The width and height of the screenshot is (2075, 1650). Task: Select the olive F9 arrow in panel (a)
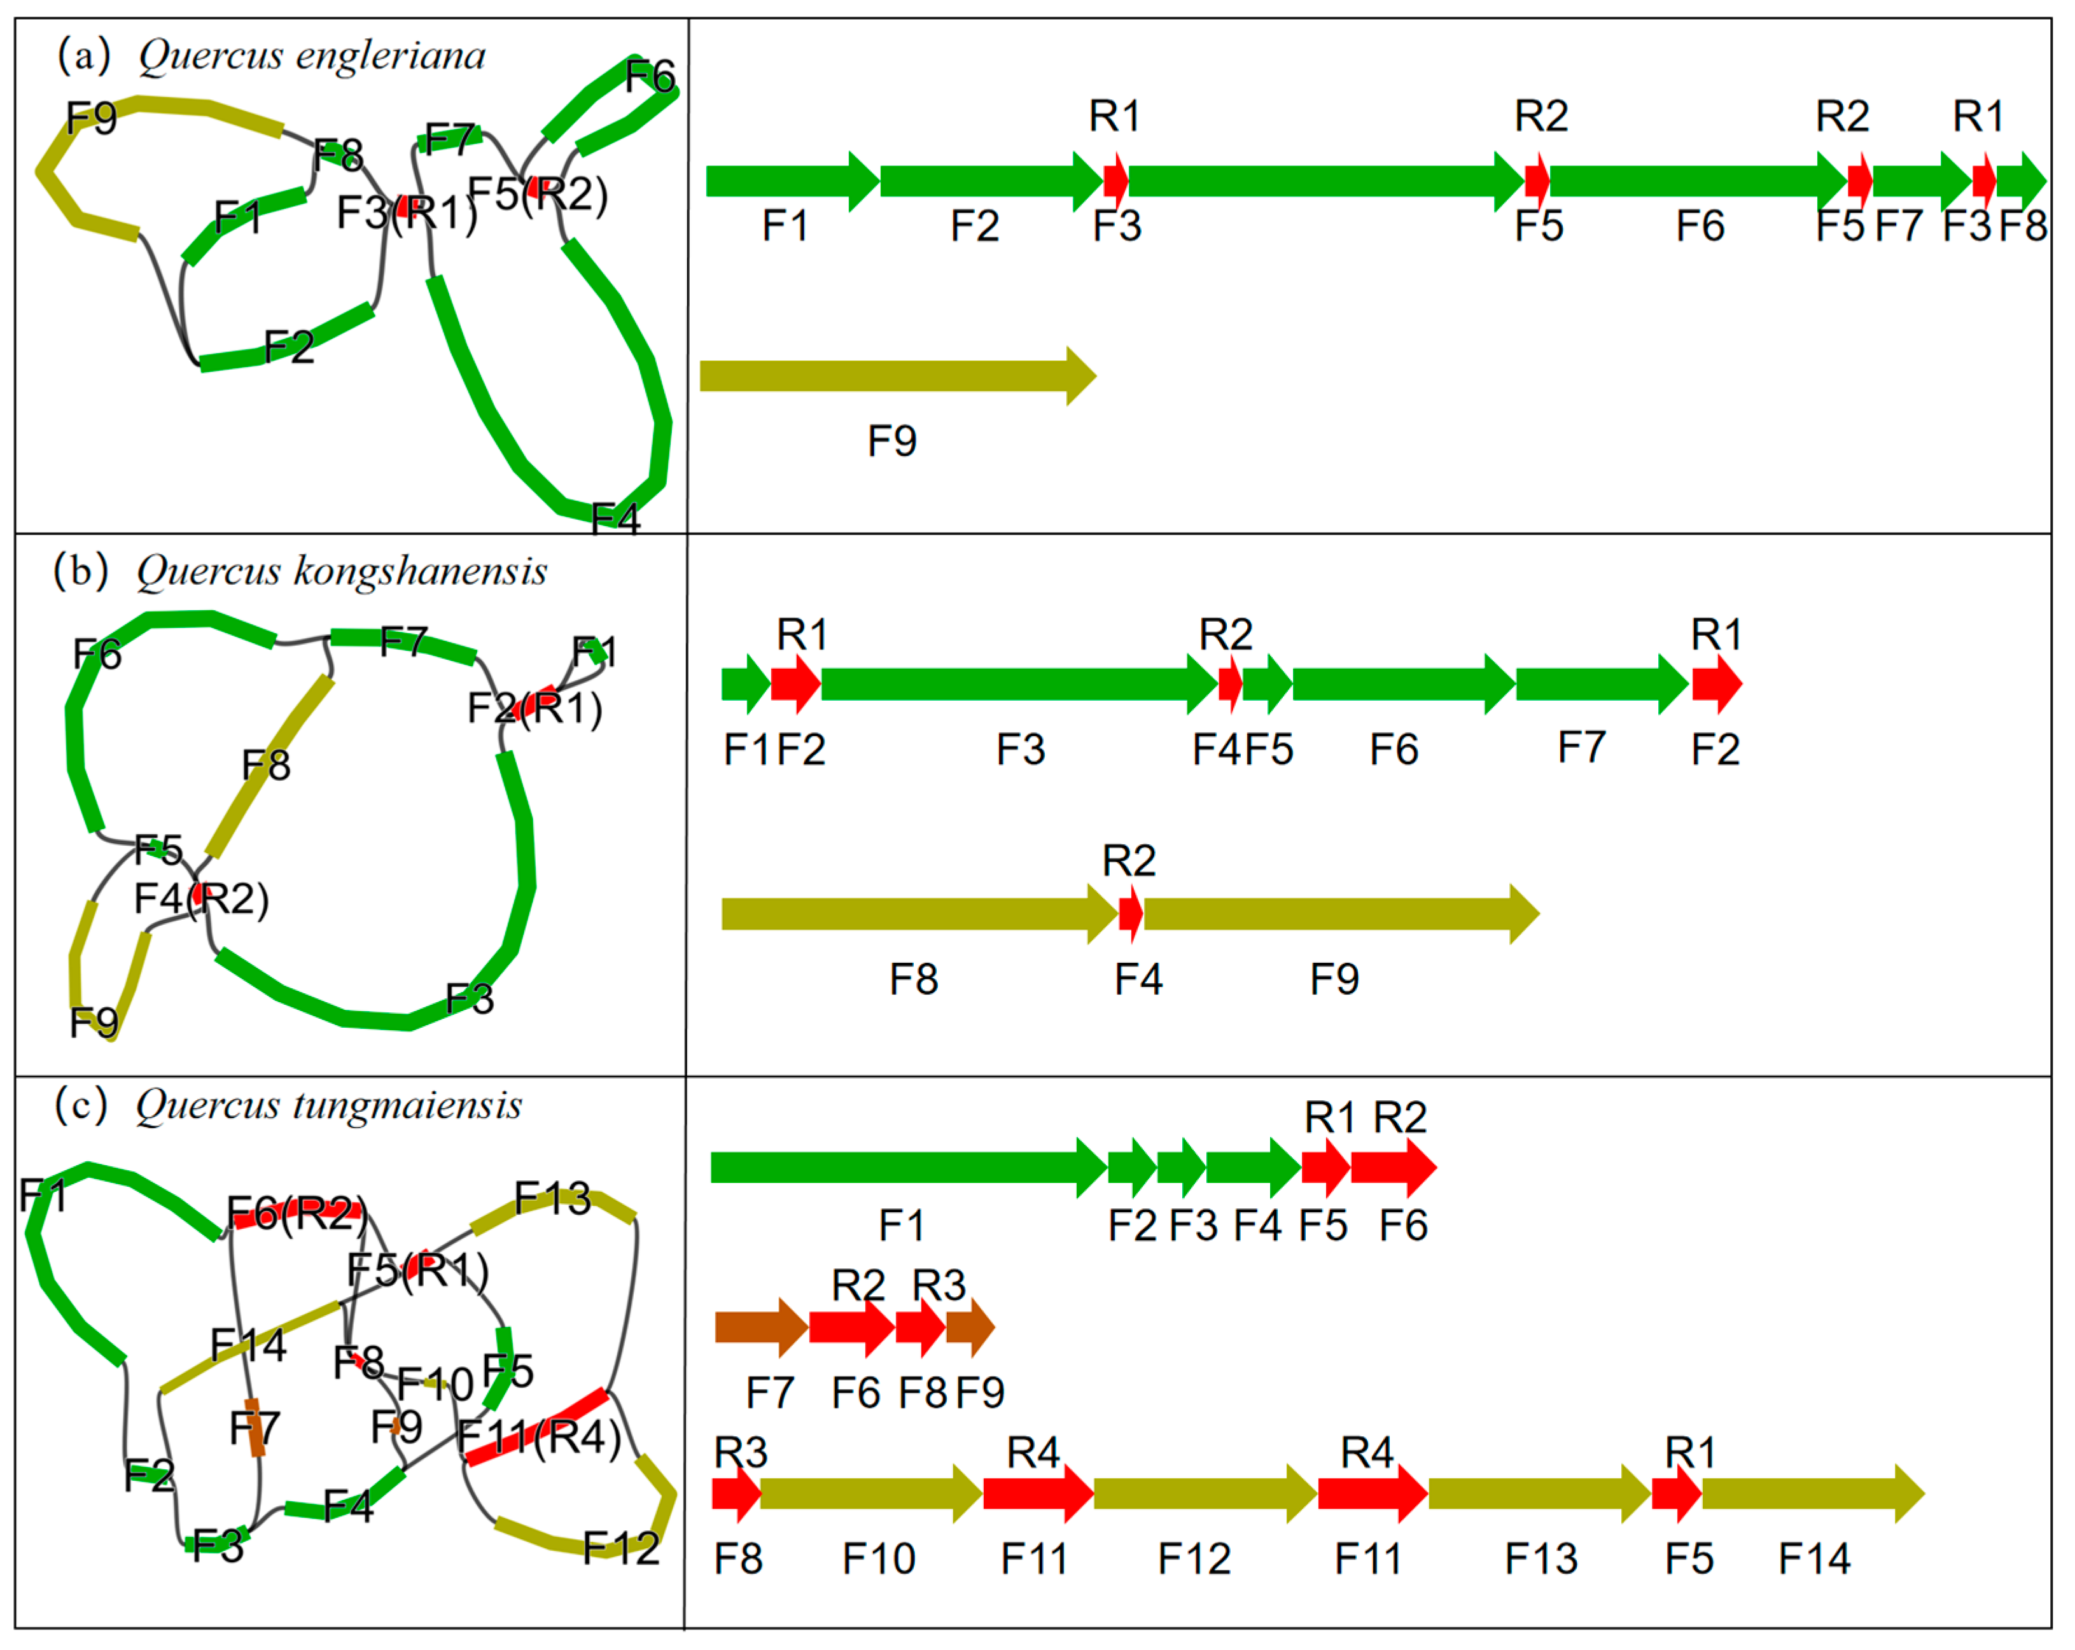[895, 375]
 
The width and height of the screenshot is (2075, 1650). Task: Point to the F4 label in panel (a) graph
[616, 519]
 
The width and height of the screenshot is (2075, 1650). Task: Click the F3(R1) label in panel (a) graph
[406, 213]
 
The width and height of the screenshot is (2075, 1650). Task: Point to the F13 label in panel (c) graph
[552, 1198]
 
